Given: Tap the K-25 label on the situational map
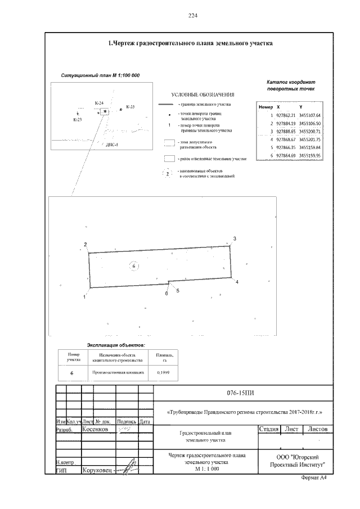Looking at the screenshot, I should click(130, 106).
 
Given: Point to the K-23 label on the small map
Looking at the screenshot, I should click(78, 120).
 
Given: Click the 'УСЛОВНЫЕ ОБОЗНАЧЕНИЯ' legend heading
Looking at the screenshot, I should click(202, 94).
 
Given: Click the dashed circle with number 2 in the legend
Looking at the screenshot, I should click(168, 173).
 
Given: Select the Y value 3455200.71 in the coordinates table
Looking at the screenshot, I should click(310, 131).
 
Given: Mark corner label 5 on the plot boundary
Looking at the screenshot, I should click(178, 291).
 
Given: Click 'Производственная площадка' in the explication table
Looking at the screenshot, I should click(118, 372).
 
